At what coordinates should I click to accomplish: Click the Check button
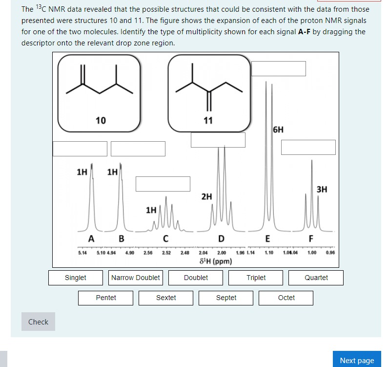38,322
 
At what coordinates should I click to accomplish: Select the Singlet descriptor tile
76,278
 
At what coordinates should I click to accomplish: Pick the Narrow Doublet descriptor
136,278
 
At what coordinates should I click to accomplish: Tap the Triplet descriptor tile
256,278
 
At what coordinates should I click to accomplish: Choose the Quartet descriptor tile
316,278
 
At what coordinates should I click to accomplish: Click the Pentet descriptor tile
106,298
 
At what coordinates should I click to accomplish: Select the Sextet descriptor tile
166,298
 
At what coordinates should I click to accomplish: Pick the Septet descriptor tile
226,298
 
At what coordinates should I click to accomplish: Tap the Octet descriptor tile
286,298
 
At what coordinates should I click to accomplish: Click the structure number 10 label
101,121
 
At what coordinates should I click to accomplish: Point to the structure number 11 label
208,121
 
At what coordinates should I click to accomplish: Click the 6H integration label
278,130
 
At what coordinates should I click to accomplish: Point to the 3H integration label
322,189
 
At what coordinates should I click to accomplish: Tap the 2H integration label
206,196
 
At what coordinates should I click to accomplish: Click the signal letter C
166,239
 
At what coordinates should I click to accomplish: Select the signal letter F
311,239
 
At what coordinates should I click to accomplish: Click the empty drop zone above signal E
279,68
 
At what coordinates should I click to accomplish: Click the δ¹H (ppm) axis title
216,261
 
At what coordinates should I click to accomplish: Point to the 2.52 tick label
167,253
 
